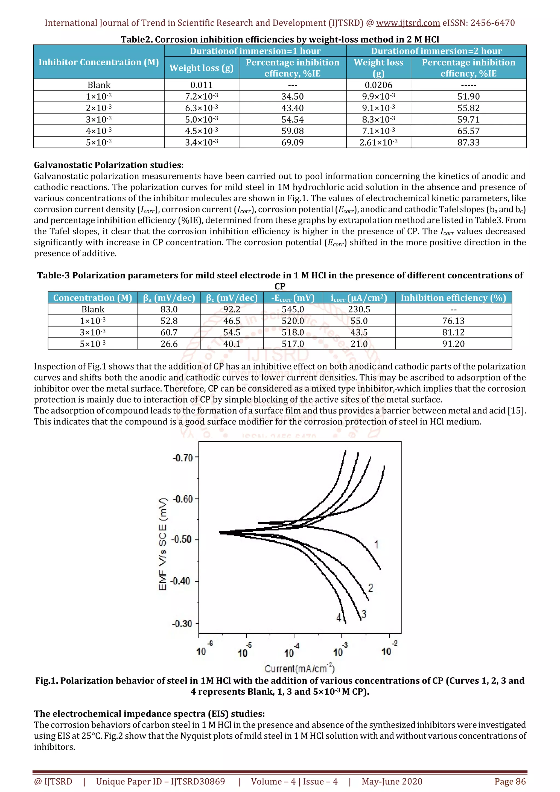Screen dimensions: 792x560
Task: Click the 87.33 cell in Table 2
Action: (468, 142)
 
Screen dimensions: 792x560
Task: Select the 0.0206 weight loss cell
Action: (378, 85)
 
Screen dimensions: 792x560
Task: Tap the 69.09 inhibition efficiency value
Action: (292, 142)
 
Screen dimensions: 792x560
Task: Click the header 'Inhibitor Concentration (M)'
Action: (99, 62)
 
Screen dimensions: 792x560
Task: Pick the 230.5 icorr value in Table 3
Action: (359, 309)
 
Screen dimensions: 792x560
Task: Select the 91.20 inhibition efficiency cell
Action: (453, 344)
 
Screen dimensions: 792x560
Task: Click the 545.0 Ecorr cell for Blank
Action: (293, 309)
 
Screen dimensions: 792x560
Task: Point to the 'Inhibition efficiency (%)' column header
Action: (453, 298)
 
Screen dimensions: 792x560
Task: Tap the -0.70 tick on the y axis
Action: (182, 458)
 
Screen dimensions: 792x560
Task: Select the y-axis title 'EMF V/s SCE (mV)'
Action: (162, 544)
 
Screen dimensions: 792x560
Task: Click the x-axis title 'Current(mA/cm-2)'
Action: (299, 668)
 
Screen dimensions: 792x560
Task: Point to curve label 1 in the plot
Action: (377, 544)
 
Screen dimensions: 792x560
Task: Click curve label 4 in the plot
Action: (339, 618)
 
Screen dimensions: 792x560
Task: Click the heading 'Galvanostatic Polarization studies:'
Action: (109, 165)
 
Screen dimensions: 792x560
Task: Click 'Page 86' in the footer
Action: (510, 781)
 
